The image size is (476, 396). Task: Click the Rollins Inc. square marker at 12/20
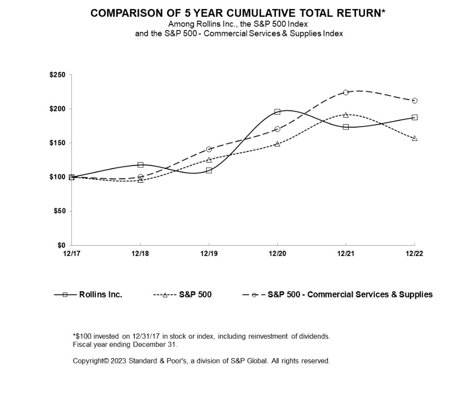(x=277, y=112)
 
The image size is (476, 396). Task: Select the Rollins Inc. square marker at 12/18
(x=141, y=165)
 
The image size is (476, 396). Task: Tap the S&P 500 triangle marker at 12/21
(x=346, y=115)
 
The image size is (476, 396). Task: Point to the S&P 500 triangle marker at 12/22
(x=415, y=138)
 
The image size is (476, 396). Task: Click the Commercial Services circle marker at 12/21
(x=346, y=93)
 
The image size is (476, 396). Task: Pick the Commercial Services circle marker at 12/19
(x=209, y=149)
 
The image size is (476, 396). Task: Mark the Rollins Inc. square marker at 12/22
(x=415, y=117)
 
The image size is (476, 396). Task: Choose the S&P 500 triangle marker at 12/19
(x=209, y=160)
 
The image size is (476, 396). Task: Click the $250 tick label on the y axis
(x=57, y=75)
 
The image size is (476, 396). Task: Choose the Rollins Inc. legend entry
(x=88, y=295)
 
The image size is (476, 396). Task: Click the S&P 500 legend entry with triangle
(x=182, y=295)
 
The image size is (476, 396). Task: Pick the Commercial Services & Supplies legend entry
(x=338, y=295)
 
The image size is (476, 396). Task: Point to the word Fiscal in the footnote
(x=82, y=345)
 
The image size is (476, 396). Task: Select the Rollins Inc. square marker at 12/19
(x=209, y=170)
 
